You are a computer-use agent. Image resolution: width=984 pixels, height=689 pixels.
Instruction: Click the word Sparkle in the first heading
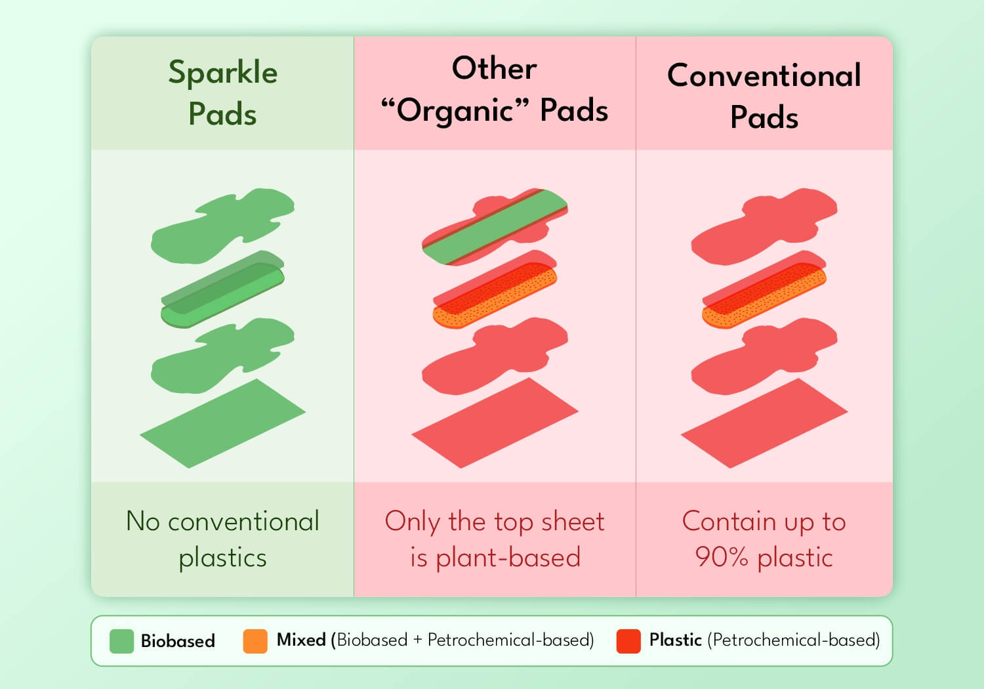223,73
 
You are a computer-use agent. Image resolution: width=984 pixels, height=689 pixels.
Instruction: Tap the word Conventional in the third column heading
764,75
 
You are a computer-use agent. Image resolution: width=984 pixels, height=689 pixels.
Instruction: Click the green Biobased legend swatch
121,641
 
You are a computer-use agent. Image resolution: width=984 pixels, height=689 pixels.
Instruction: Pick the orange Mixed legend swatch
255,641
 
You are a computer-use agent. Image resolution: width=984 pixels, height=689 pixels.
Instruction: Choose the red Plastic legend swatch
628,641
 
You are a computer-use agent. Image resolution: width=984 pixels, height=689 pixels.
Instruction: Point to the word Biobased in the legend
178,640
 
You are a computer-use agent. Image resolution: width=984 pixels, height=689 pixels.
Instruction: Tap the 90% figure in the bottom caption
722,557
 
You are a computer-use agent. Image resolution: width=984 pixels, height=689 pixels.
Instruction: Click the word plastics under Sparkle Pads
223,558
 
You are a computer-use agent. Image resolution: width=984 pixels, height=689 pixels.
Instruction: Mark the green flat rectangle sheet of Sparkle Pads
223,423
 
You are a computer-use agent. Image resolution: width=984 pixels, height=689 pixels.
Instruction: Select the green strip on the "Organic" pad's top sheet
495,227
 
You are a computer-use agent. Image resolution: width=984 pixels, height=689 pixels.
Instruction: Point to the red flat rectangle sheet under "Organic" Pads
495,423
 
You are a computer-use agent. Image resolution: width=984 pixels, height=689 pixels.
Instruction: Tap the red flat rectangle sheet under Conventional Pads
764,423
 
